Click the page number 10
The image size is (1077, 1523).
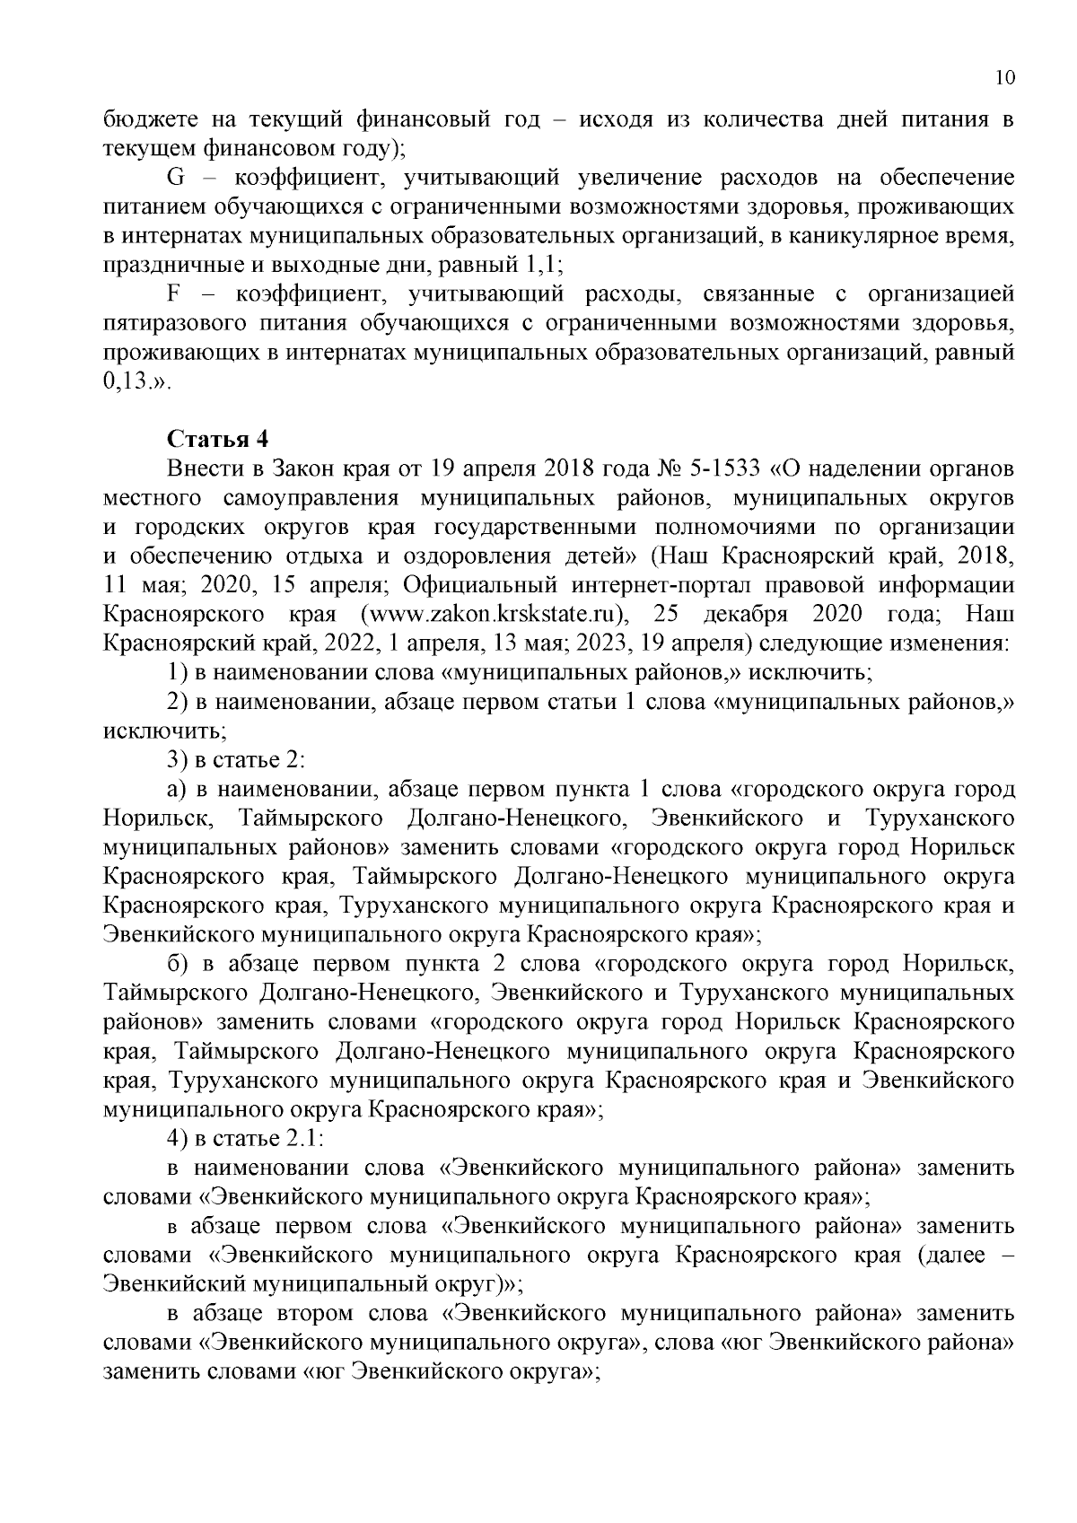(x=1004, y=78)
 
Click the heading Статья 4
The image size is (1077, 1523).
(x=218, y=440)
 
